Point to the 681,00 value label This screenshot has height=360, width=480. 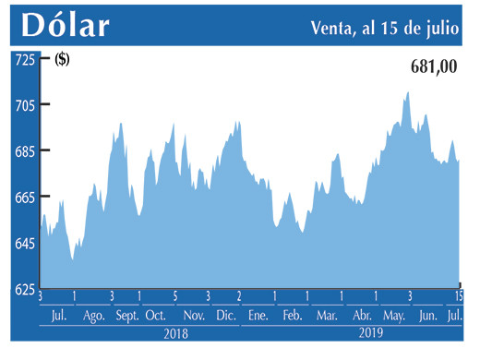click(x=433, y=67)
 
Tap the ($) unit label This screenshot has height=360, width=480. click(x=63, y=61)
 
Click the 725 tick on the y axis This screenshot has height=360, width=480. click(x=23, y=59)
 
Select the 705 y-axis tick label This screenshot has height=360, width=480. click(x=23, y=105)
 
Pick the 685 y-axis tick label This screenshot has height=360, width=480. click(x=23, y=151)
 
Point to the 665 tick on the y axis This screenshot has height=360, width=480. click(x=23, y=198)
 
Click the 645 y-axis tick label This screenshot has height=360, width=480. click(x=23, y=244)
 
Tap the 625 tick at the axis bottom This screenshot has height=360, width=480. click(x=23, y=290)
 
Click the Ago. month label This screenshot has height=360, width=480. click(x=94, y=316)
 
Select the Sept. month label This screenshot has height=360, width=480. click(x=127, y=316)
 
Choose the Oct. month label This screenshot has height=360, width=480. click(x=155, y=316)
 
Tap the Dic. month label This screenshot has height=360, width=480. click(x=225, y=316)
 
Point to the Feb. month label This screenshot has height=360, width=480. click(x=292, y=316)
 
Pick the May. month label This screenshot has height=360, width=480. click(x=394, y=316)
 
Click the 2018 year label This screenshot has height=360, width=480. click(x=176, y=333)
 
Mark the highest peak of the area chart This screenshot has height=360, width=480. click(x=407, y=92)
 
